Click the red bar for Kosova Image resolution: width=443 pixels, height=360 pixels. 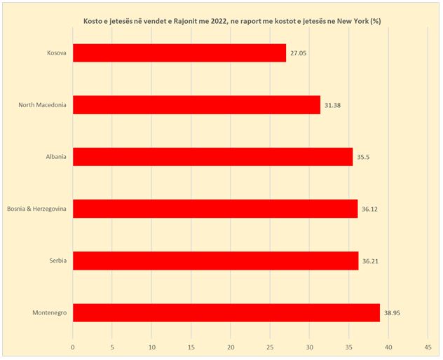click(x=179, y=53)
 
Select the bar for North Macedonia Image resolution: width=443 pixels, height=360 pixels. click(x=196, y=105)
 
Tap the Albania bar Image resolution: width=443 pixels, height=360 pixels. click(x=212, y=157)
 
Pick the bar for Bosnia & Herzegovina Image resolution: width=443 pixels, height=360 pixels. click(x=215, y=209)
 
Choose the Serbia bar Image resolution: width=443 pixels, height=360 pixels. click(x=215, y=261)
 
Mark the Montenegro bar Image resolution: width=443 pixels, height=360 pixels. click(x=226, y=312)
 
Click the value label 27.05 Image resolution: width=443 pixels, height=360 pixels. click(x=300, y=53)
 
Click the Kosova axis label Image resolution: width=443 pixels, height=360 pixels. click(x=55, y=53)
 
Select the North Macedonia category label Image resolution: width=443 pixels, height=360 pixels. click(x=43, y=105)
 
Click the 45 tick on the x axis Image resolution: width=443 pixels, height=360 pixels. click(x=428, y=345)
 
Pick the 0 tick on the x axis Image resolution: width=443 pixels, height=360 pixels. click(x=73, y=345)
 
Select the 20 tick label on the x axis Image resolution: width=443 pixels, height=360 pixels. click(x=231, y=345)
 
